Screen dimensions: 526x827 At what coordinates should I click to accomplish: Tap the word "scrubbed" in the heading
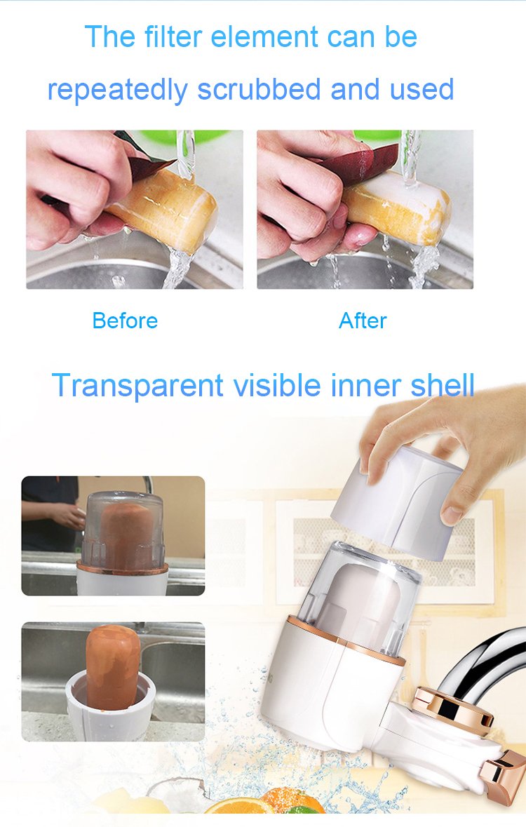click(x=259, y=89)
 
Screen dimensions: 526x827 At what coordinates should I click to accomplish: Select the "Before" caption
click(x=125, y=321)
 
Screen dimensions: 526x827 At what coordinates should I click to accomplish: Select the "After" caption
click(x=363, y=321)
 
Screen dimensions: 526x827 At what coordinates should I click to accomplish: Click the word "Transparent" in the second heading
click(x=137, y=386)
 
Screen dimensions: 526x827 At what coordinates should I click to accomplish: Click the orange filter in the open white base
click(x=113, y=666)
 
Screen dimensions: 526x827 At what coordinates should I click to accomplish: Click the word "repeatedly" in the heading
click(x=118, y=90)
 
